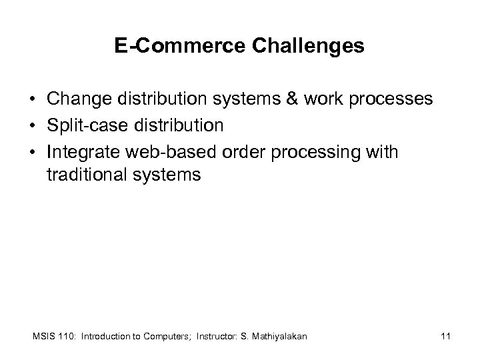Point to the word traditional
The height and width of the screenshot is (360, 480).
coord(85,176)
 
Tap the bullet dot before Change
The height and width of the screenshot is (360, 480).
coord(32,101)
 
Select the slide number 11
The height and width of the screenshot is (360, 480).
coord(446,337)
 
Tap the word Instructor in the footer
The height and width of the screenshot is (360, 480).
coord(217,337)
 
